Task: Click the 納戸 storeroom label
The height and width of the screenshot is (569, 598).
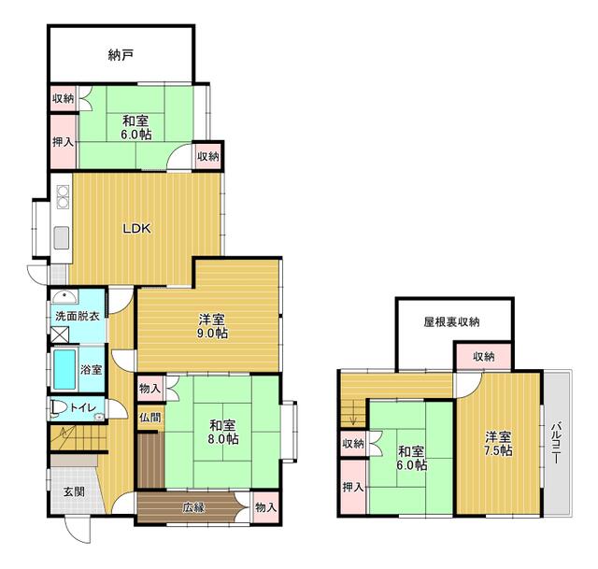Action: pos(121,56)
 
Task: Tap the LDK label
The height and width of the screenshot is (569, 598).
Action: pos(136,228)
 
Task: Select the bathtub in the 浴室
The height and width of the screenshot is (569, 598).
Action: pos(64,370)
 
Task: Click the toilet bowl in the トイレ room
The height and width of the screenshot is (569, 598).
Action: pos(57,408)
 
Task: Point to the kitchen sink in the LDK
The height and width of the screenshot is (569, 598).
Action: pos(62,237)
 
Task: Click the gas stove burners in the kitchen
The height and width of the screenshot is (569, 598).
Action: pos(63,196)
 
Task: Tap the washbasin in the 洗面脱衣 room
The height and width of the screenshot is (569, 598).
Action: pos(64,296)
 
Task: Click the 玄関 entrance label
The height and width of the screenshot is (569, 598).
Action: pos(74,491)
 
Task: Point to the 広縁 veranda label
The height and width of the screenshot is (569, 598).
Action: pos(193,507)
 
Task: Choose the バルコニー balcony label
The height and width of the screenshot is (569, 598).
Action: pos(556,442)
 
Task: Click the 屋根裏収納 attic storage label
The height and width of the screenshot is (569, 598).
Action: pos(451,322)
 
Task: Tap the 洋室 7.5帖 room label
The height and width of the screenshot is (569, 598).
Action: pos(498,444)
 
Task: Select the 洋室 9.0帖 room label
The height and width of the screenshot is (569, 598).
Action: pos(212,325)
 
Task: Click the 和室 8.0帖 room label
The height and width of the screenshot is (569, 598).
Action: pos(223,432)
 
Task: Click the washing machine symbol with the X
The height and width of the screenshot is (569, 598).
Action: pos(60,334)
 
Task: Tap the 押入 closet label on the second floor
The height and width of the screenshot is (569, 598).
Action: pos(352,487)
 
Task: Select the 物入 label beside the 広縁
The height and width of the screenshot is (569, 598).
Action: pos(265,507)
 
